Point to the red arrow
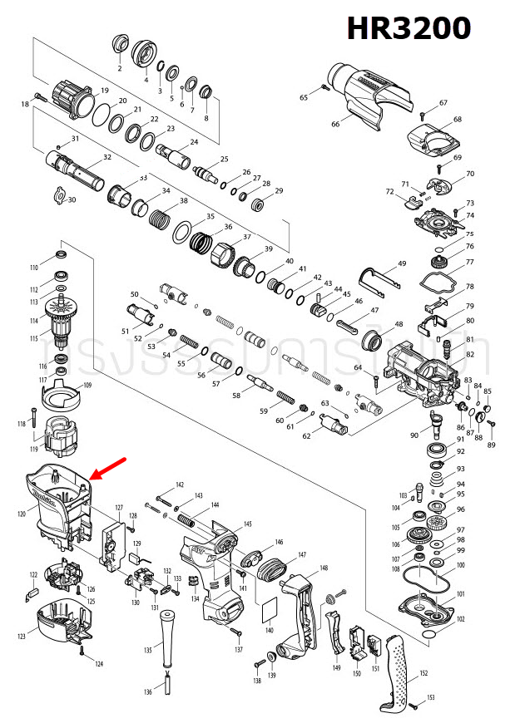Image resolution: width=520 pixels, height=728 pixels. point(107,467)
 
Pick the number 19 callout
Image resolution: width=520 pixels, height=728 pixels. point(105,90)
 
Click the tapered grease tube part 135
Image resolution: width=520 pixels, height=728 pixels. point(166,637)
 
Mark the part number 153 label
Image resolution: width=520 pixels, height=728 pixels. point(431,697)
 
